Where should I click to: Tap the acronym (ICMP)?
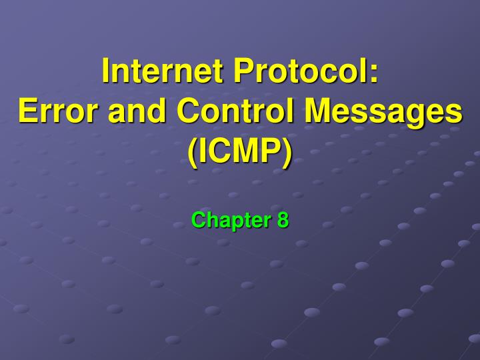(x=240, y=151)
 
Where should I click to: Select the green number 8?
(x=283, y=220)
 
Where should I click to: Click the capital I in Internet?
(x=106, y=71)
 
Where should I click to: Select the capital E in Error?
(x=26, y=111)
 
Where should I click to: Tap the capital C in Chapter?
(x=198, y=220)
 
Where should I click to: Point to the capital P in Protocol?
(x=241, y=71)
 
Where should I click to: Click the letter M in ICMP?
(x=243, y=151)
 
